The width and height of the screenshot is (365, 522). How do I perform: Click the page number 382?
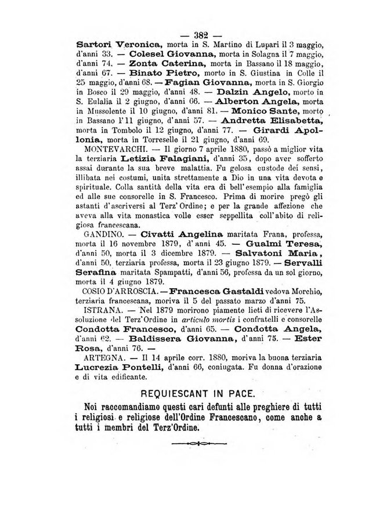pyautogui.click(x=198, y=33)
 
